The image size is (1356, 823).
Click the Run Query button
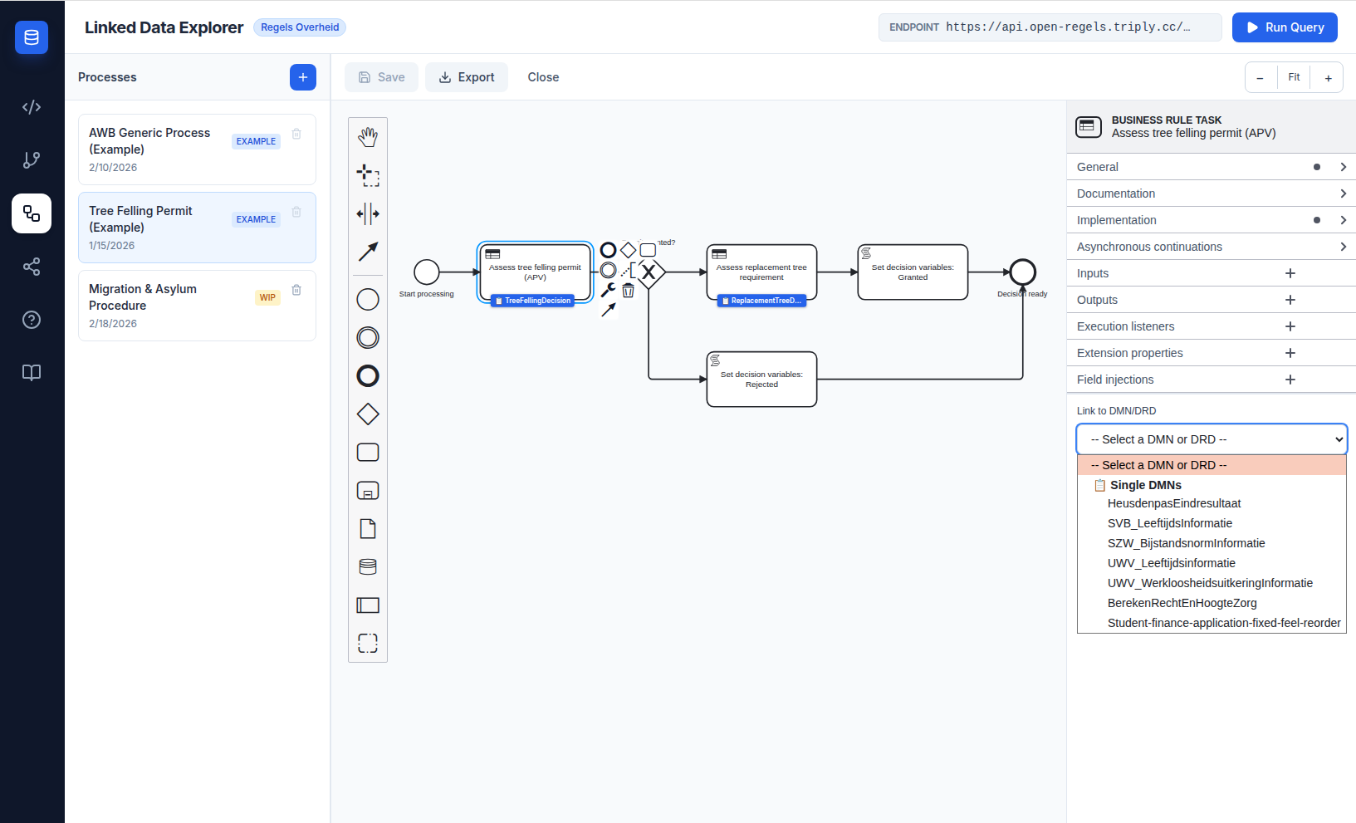pyautogui.click(x=1285, y=27)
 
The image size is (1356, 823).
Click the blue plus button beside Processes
pyautogui.click(x=303, y=77)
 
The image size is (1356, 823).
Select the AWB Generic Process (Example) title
pyautogui.click(x=149, y=141)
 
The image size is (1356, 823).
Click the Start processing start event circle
pyautogui.click(x=427, y=272)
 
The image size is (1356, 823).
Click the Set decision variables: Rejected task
pyautogui.click(x=761, y=380)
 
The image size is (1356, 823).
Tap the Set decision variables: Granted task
pyautogui.click(x=913, y=272)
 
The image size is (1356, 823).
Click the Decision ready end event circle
pyautogui.click(x=1023, y=272)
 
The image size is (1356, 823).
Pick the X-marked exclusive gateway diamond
pyautogui.click(x=649, y=272)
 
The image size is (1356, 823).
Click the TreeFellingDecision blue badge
pyautogui.click(x=533, y=301)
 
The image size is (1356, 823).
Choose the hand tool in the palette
pyautogui.click(x=368, y=137)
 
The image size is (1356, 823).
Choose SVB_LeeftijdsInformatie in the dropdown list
pyautogui.click(x=1169, y=523)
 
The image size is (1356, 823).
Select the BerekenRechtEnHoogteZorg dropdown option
pyautogui.click(x=1182, y=603)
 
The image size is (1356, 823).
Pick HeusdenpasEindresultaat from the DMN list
pyautogui.click(x=1173, y=503)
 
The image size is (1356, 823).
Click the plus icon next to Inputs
pyautogui.click(x=1290, y=273)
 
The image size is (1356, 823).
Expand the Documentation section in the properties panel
pyautogui.click(x=1211, y=194)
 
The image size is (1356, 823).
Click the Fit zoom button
pyautogui.click(x=1294, y=77)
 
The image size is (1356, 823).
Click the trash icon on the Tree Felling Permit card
pyautogui.click(x=296, y=212)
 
